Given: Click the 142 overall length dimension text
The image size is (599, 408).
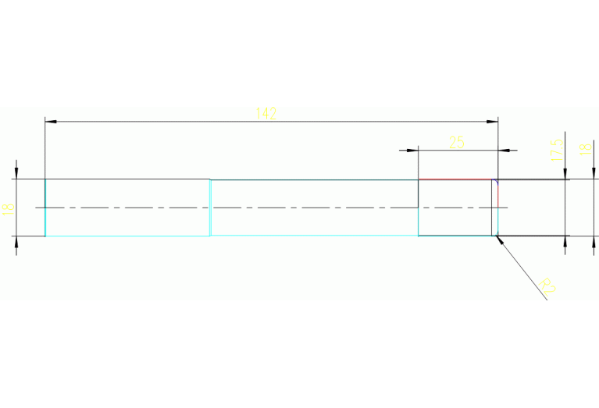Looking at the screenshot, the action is (266, 113).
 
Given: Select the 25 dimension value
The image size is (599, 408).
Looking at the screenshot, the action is (457, 142).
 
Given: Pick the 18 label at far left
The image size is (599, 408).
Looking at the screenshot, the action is (9, 208).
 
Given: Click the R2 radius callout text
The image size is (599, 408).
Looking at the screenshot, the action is (547, 286).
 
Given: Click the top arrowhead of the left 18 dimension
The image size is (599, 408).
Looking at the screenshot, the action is (16, 173).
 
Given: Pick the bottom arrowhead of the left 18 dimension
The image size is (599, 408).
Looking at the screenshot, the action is (16, 242).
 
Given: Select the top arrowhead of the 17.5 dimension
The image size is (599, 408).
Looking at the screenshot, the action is (565, 174).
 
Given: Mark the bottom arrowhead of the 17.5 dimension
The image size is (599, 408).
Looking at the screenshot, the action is (565, 241).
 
